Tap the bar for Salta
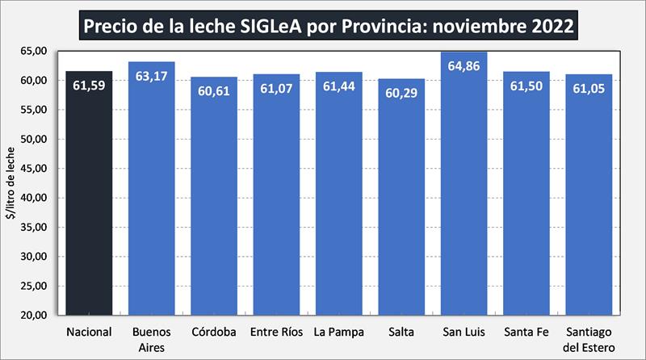401,202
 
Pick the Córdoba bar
214,202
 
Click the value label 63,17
152,77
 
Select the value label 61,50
526,87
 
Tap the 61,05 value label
589,90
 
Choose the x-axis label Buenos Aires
152,337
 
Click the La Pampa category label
338,332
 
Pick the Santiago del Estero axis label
589,337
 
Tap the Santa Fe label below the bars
526,332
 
